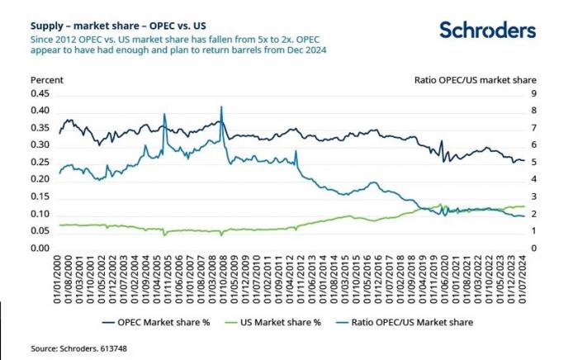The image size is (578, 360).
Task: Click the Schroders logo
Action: coord(486,31)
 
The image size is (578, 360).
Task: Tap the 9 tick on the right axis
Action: coord(537,93)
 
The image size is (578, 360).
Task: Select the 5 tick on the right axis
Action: coord(537,163)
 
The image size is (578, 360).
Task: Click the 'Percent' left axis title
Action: coord(46,80)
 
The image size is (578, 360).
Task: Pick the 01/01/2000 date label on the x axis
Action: coord(60,279)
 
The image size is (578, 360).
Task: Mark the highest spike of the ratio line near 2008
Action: coord(221,107)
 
